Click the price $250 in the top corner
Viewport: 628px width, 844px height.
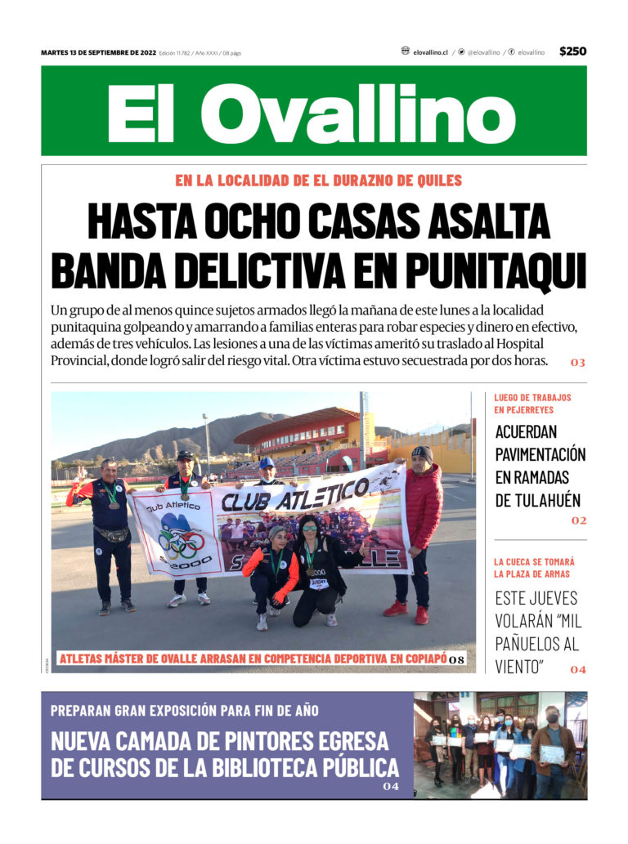point(572,51)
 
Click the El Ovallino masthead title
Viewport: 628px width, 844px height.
point(313,112)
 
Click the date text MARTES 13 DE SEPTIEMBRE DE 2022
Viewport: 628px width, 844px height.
point(98,53)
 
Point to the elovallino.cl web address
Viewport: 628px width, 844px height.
point(430,52)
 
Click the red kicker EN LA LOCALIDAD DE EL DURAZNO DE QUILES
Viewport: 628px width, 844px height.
point(318,181)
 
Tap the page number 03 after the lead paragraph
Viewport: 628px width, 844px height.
point(578,362)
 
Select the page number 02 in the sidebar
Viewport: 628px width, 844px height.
point(579,520)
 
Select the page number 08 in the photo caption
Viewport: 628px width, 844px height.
point(456,659)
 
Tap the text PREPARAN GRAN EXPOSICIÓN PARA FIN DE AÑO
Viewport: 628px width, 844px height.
point(185,711)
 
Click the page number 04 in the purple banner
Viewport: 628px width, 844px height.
point(391,787)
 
